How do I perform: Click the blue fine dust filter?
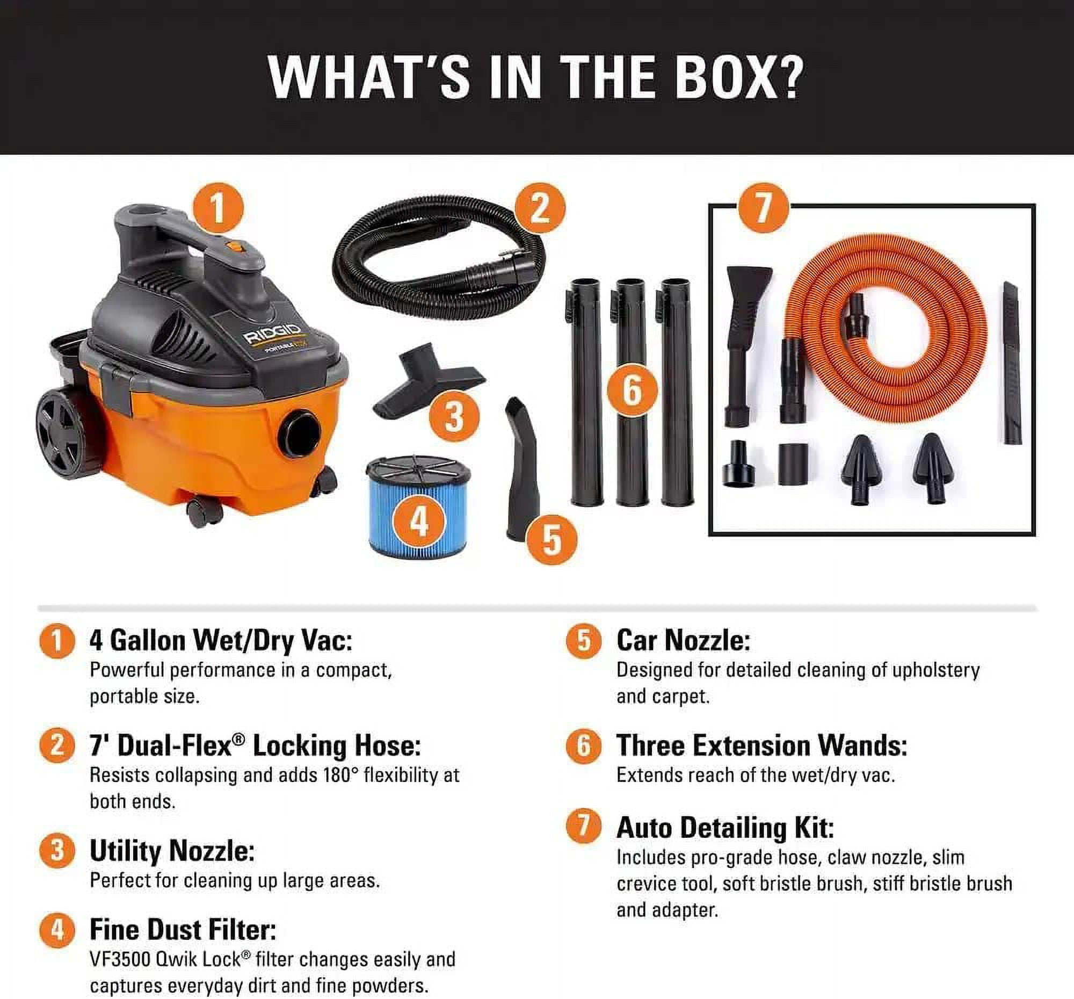pyautogui.click(x=418, y=506)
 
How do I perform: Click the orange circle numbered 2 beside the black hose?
pyautogui.click(x=540, y=208)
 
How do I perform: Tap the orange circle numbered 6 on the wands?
pyautogui.click(x=632, y=390)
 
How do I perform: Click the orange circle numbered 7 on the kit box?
pyautogui.click(x=763, y=207)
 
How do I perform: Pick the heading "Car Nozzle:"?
pyautogui.click(x=683, y=640)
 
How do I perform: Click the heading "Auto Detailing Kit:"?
pyautogui.click(x=725, y=828)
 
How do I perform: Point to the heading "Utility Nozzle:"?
pyautogui.click(x=172, y=851)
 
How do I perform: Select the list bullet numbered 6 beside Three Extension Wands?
pyautogui.click(x=584, y=746)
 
